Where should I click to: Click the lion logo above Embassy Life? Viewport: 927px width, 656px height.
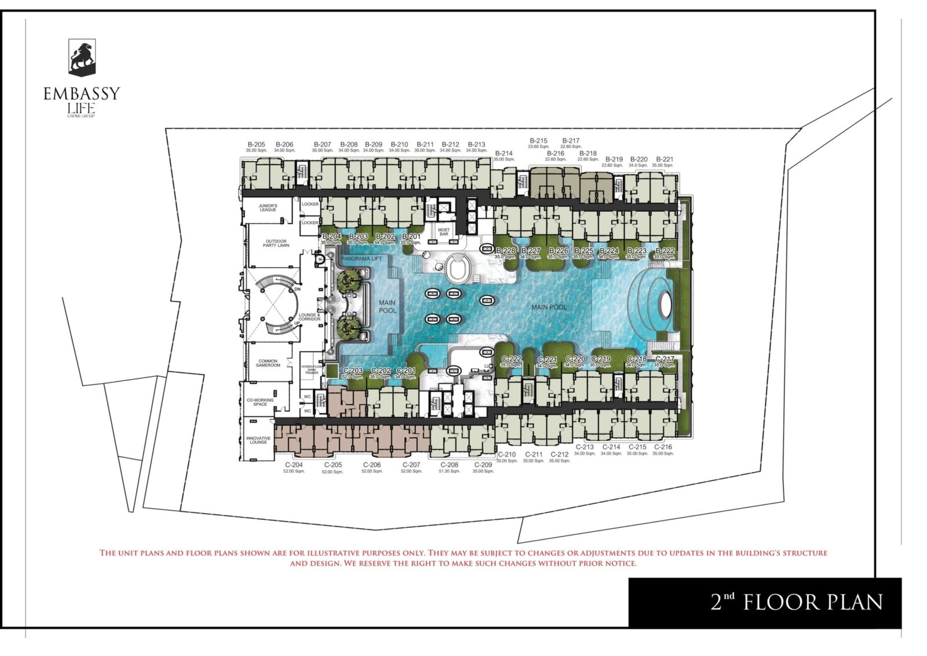pos(82,57)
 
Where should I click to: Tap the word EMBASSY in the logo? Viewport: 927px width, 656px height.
pos(82,94)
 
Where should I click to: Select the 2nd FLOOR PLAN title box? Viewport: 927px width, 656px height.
pos(765,602)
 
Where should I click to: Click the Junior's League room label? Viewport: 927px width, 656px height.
pos(268,207)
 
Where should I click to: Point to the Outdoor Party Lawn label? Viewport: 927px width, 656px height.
pos(276,243)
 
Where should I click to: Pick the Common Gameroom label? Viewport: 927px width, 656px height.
pos(268,363)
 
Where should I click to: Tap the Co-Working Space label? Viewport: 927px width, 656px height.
pos(260,402)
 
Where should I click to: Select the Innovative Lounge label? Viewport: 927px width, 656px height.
pos(258,440)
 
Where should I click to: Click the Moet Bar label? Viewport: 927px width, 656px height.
pos(444,232)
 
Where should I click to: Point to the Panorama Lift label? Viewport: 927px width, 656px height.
pos(362,259)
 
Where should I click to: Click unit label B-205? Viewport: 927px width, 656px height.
pos(256,145)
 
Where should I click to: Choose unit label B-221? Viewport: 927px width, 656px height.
pos(665,159)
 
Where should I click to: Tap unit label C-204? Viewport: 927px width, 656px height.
pos(294,465)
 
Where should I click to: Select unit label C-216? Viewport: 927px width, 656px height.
pos(663,447)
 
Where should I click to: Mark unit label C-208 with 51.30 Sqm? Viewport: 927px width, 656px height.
pos(449,465)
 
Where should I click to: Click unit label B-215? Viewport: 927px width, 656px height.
pos(538,141)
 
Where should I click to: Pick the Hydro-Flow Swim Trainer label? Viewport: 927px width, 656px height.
pos(312,370)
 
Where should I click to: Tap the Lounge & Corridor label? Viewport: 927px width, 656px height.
pos(309,317)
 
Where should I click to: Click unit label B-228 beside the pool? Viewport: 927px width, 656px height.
pos(505,251)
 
